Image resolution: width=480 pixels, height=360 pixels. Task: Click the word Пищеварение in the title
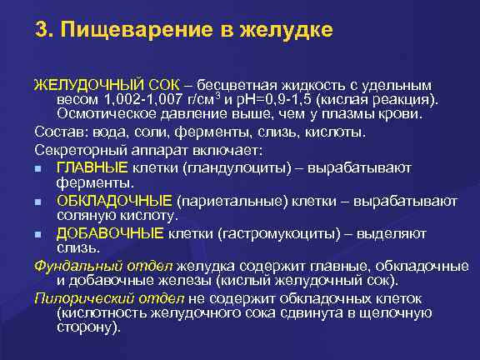tap(126, 32)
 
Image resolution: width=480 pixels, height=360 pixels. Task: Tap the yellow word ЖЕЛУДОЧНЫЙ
tap(78, 85)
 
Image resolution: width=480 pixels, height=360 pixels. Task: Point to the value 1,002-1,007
tap(130, 99)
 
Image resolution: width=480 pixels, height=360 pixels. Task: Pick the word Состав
tap(57, 133)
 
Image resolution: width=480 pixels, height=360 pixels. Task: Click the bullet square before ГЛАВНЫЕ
tap(39, 168)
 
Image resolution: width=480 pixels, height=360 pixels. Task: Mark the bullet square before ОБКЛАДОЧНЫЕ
tap(39, 202)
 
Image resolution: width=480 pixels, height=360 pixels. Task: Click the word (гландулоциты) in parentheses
tap(225, 167)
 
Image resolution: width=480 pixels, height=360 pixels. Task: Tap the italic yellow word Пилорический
tap(78, 297)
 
